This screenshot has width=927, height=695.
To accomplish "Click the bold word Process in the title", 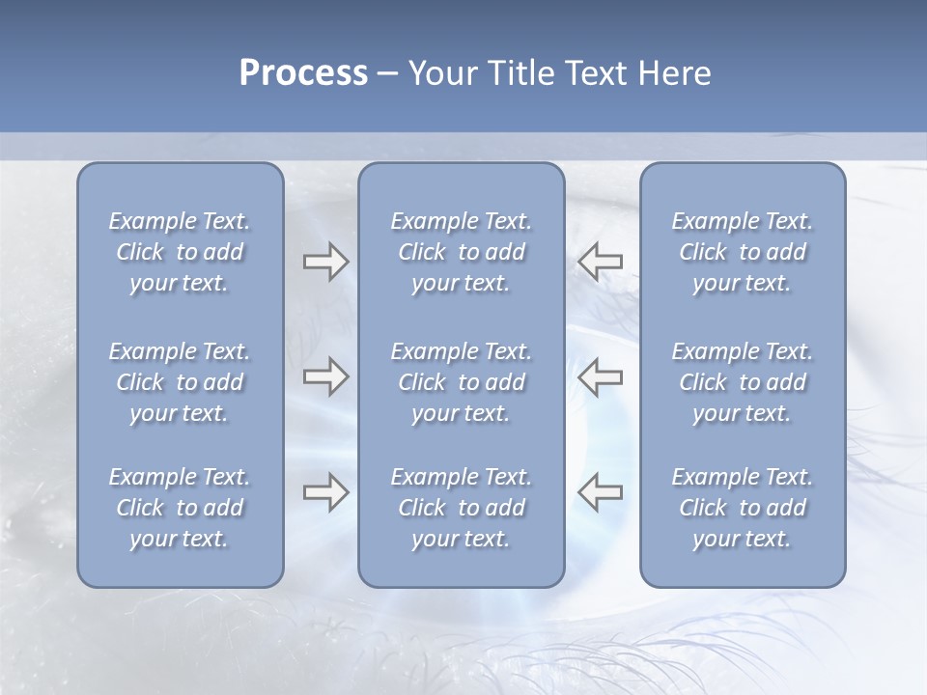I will coord(303,73).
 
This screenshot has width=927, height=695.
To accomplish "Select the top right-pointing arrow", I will coord(325,262).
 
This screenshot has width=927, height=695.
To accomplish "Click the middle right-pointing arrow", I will coord(325,376).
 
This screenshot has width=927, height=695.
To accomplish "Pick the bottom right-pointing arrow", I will coord(325,492).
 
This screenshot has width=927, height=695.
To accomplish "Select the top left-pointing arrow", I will coord(600,262).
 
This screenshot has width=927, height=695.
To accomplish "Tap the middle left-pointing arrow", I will coord(600,376).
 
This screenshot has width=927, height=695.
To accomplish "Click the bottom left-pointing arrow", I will coord(600,492).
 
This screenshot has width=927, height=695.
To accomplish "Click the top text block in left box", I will coord(180,252).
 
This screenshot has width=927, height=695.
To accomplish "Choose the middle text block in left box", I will coord(180,382).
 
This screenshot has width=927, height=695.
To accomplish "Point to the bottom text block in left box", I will coord(180,508).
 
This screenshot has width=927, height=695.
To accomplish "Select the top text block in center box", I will coord(461,252).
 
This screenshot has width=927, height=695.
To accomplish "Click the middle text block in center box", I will coord(461,382).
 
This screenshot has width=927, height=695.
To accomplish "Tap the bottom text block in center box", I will coord(461,508).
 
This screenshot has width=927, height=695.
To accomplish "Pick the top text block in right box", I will coord(742,252).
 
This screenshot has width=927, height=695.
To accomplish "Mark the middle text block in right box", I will coord(742,382).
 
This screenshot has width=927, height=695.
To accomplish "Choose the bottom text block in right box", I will coord(742,508).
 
